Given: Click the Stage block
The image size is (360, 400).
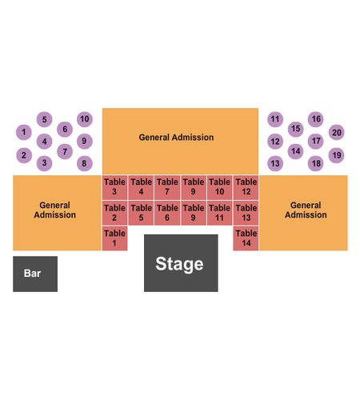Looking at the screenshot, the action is pyautogui.click(x=181, y=263).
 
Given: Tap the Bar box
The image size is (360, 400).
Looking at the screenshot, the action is pyautogui.click(x=35, y=274).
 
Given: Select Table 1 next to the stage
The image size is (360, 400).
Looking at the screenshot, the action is pyautogui.click(x=114, y=238).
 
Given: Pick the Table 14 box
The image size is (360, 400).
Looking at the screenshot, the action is pyautogui.click(x=246, y=238).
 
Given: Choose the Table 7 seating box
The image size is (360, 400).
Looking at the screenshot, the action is pyautogui.click(x=167, y=187).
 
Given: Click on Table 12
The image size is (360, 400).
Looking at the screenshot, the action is pyautogui.click(x=246, y=187).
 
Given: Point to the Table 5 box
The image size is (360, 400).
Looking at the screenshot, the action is pyautogui.click(x=141, y=213).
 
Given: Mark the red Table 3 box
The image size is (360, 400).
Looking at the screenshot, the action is pyautogui.click(x=114, y=187).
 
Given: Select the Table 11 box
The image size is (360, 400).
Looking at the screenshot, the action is pyautogui.click(x=219, y=213).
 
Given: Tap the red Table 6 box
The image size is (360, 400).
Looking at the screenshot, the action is pyautogui.click(x=167, y=213).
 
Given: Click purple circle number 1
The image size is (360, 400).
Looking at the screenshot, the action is pyautogui.click(x=24, y=132).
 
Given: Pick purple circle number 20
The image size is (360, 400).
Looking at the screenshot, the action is pyautogui.click(x=337, y=132).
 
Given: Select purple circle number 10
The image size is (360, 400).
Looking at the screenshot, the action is pyautogui.click(x=85, y=119).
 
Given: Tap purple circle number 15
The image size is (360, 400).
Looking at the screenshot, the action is pyautogui.click(x=296, y=129).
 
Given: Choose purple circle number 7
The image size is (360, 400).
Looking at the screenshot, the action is pyautogui.click(x=65, y=151).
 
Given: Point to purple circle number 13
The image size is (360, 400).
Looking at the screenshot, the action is pyautogui.click(x=275, y=163).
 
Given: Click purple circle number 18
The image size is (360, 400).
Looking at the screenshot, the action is pyautogui.click(x=316, y=163).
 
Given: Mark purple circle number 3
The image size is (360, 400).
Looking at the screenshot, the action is pyautogui.click(x=44, y=162).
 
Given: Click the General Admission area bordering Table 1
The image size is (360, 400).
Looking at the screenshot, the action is pyautogui.click(x=57, y=213).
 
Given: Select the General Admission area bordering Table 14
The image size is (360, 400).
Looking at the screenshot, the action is pyautogui.click(x=303, y=213).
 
